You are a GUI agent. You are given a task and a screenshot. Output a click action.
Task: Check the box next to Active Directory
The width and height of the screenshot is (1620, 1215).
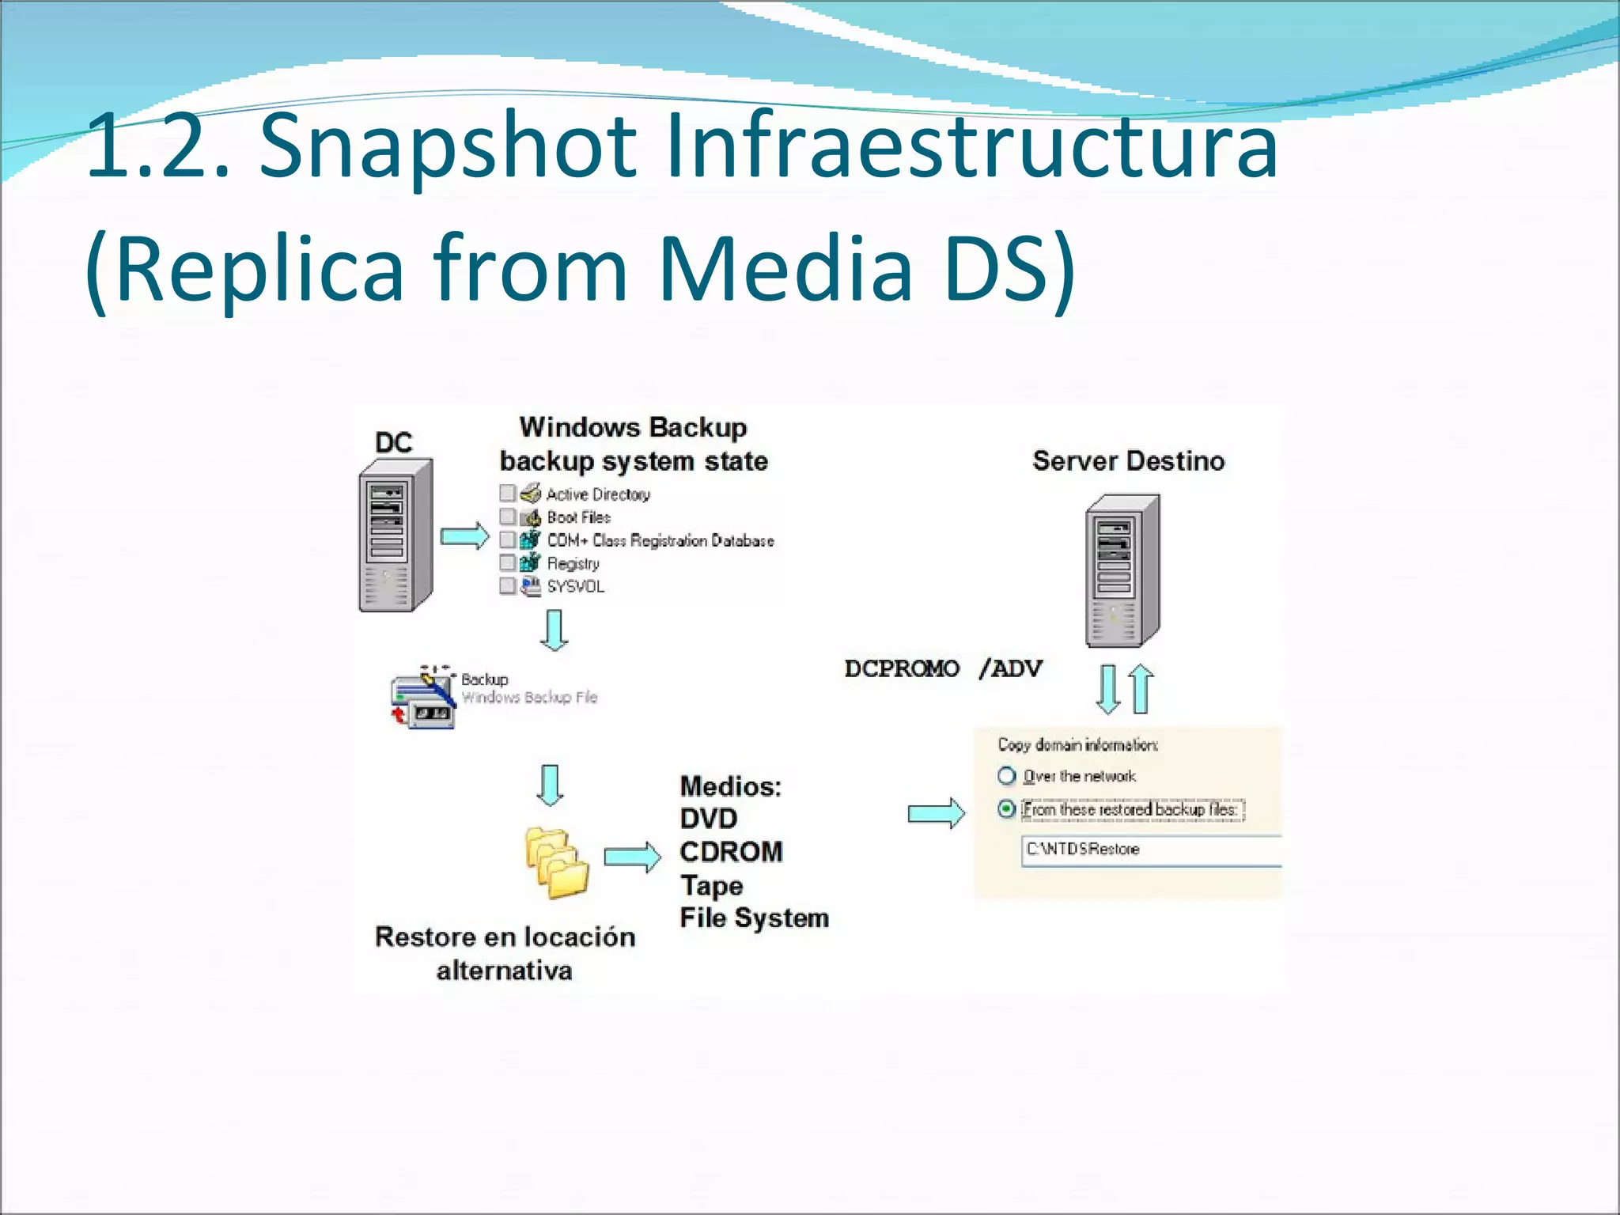[508, 494]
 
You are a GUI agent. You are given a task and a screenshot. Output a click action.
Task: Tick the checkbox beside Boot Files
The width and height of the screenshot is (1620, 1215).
[508, 517]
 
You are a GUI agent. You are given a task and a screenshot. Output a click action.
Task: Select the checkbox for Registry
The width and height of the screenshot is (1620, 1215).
[508, 562]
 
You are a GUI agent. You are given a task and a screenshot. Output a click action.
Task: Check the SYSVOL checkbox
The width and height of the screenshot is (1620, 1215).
[508, 585]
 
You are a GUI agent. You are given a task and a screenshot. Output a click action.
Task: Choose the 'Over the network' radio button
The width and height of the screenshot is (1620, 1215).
[1006, 776]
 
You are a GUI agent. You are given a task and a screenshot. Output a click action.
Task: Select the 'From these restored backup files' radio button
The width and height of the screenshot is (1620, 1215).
[1006, 809]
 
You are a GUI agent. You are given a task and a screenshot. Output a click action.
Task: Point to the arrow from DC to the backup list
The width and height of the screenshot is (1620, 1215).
[464, 536]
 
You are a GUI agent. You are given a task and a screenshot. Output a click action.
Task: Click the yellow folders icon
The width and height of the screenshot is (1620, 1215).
[557, 863]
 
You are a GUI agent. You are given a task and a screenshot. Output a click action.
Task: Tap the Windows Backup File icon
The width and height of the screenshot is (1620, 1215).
[423, 698]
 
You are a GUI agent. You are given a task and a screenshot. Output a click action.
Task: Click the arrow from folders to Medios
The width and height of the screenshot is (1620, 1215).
[632, 857]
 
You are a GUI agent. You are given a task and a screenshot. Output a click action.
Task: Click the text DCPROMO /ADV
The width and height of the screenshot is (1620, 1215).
[943, 669]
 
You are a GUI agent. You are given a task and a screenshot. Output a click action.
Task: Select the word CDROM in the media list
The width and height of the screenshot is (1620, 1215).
[731, 852]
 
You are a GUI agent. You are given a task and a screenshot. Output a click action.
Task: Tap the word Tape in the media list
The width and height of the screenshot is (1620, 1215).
[711, 885]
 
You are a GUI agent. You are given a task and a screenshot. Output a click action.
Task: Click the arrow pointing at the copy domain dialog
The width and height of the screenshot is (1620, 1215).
[936, 813]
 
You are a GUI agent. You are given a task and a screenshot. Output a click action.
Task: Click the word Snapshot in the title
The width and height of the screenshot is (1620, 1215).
[448, 146]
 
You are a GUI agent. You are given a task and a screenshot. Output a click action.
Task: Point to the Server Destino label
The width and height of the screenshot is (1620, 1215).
[1128, 461]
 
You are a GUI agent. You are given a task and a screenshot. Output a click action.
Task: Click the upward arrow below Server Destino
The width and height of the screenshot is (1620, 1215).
[1141, 688]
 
